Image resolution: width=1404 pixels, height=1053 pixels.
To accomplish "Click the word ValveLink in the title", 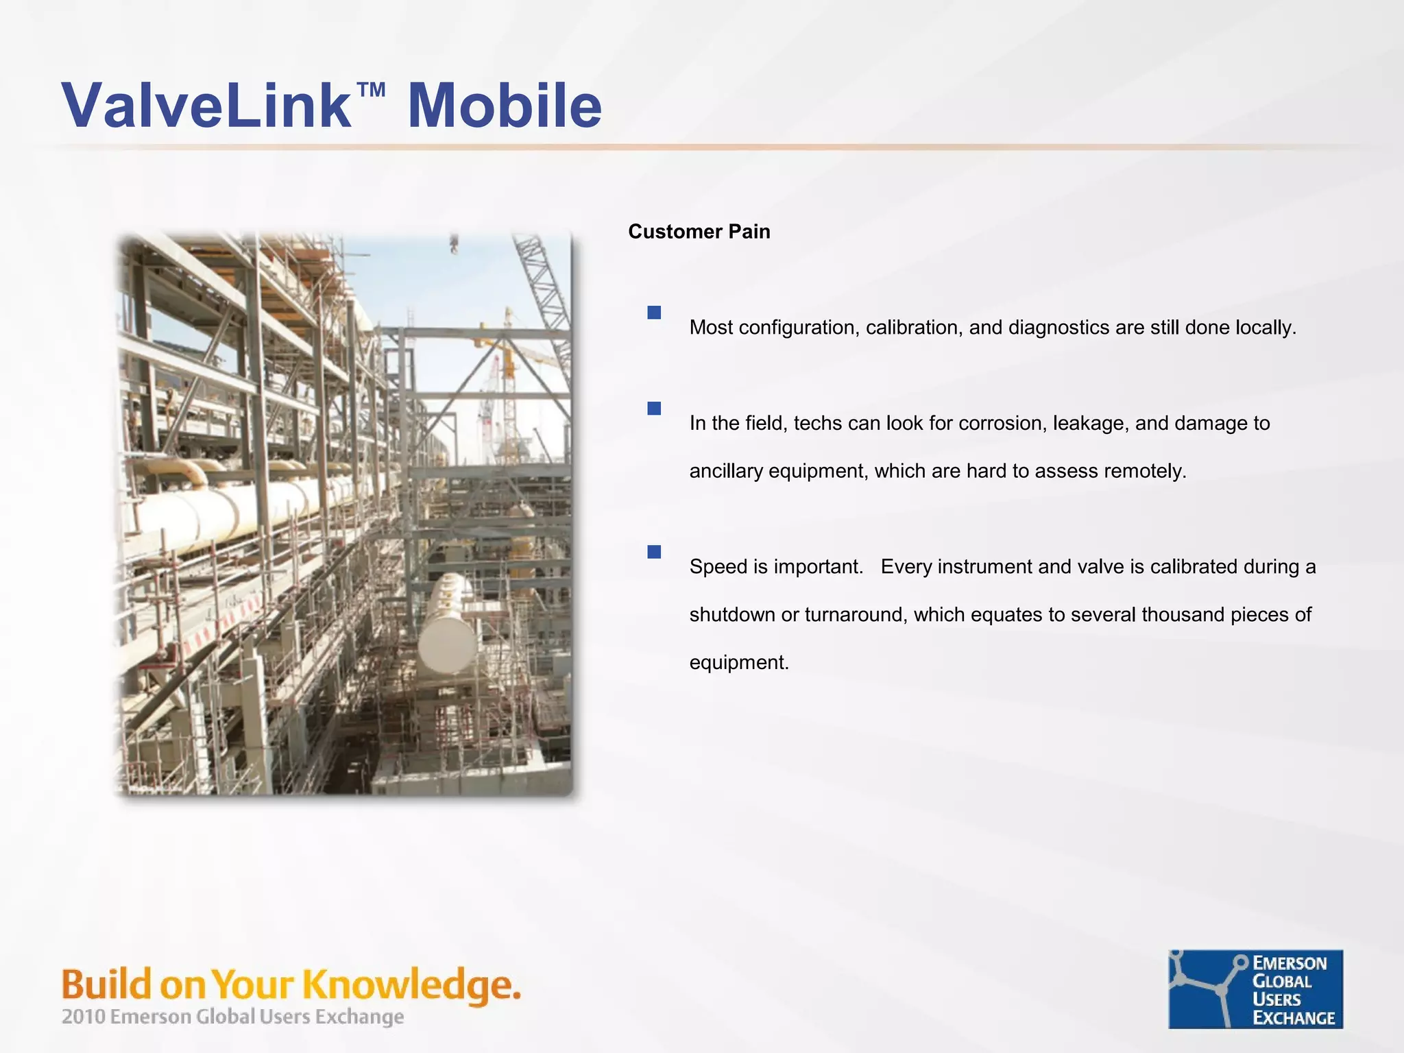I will [x=206, y=106].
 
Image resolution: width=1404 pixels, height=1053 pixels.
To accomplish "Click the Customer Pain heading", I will [x=699, y=232].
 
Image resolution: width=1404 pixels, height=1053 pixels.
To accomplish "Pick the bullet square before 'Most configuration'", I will [x=654, y=313].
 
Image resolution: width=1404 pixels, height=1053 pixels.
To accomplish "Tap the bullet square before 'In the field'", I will [x=654, y=409].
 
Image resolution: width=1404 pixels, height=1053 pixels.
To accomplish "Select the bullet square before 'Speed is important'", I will [x=654, y=552].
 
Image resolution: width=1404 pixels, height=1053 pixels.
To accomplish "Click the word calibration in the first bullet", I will [x=913, y=328].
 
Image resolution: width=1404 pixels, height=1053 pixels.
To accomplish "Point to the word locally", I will [x=1266, y=328].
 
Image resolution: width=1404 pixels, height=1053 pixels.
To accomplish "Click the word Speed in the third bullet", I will [x=718, y=567].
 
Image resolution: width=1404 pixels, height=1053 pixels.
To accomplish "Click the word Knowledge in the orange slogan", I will [x=411, y=985].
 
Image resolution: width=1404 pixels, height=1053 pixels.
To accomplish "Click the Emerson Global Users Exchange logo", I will [x=1255, y=989].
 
